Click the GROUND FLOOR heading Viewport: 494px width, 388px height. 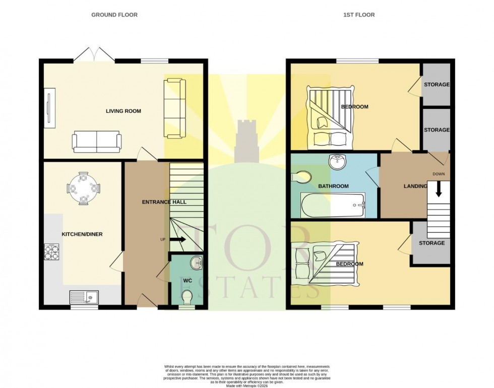(x=114, y=15)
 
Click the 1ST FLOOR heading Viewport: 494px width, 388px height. (x=359, y=15)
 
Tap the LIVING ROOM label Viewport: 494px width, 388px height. (x=123, y=111)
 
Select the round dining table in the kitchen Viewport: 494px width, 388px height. (x=84, y=188)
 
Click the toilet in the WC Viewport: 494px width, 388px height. (x=187, y=297)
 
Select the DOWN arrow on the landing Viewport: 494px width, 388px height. (x=438, y=189)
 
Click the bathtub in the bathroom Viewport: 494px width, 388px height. (x=333, y=205)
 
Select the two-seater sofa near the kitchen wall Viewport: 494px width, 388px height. (x=97, y=141)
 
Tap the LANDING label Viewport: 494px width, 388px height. (x=415, y=186)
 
